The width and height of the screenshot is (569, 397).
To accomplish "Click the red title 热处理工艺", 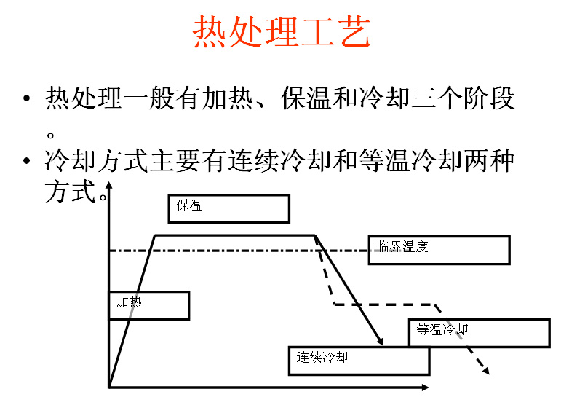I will click(x=282, y=33).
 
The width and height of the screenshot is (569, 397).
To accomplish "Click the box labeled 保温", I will click(x=228, y=208).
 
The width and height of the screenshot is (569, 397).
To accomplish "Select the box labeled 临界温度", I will click(x=439, y=250).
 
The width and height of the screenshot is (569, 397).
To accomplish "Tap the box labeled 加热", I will click(x=149, y=305).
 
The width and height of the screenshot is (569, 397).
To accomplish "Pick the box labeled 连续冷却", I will click(x=359, y=361).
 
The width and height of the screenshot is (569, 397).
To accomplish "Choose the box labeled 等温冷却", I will click(x=479, y=333).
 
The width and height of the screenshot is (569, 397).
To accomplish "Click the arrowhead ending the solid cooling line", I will click(x=381, y=342).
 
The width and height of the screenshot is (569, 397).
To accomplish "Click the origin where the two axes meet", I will click(x=109, y=385).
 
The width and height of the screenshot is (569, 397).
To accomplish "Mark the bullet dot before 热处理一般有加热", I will click(x=27, y=98).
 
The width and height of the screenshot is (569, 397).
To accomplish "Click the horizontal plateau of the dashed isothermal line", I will click(x=383, y=304).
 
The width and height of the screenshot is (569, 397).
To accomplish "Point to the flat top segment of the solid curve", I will click(x=234, y=235).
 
